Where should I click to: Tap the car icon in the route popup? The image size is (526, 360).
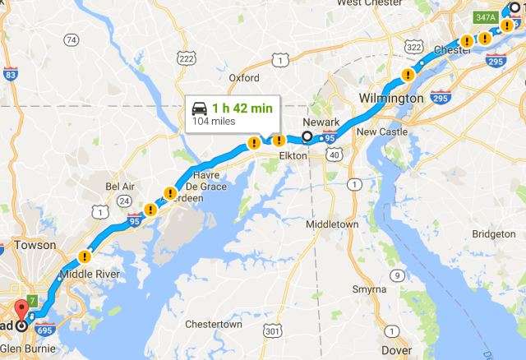click(200, 108)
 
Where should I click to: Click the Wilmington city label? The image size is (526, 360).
click(391, 99)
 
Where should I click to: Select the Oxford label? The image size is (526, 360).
click(244, 78)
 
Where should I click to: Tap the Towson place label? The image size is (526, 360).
click(35, 245)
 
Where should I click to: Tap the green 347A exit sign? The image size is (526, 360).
click(483, 16)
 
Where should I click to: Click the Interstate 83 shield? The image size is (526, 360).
click(10, 75)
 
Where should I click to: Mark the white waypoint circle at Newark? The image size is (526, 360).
click(307, 137)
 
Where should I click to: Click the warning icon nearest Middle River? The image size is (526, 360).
click(85, 256)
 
